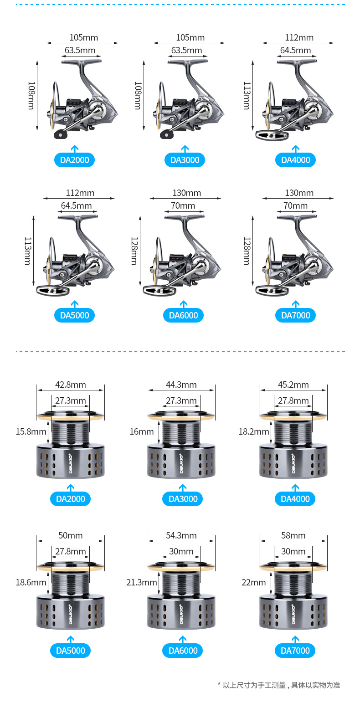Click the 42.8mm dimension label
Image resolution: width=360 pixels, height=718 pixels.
70,385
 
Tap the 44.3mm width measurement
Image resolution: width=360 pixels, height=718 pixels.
181,385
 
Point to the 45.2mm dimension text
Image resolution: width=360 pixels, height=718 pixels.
293,385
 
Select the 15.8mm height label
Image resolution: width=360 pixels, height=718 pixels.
31,431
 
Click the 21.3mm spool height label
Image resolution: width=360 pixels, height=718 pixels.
141,582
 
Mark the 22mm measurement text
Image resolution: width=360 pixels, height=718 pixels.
253,582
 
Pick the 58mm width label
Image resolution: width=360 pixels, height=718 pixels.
293,535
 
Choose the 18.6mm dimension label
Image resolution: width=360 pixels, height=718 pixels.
31,582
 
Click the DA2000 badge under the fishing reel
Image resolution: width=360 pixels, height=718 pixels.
74,160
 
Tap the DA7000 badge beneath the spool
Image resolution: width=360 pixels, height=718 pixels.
295,651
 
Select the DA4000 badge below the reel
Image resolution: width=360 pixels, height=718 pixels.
295,160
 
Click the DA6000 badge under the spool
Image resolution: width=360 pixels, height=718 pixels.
183,651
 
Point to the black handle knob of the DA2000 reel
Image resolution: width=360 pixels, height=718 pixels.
60,134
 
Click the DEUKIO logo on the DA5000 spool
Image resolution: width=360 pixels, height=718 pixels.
71,614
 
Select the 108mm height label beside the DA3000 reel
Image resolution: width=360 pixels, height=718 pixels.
138,96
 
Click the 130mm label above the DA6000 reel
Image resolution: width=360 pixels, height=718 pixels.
186,193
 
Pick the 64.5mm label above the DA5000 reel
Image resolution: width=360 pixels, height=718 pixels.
76,205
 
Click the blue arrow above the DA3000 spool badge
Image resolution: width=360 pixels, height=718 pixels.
183,488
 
